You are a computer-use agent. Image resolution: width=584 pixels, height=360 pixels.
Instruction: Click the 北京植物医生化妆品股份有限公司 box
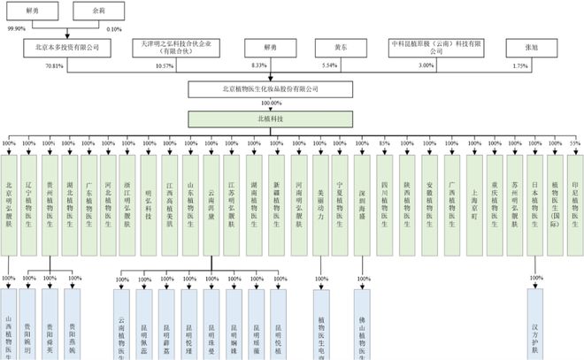[265, 89]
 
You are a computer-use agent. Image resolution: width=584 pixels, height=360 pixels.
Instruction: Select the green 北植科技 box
[265, 119]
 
